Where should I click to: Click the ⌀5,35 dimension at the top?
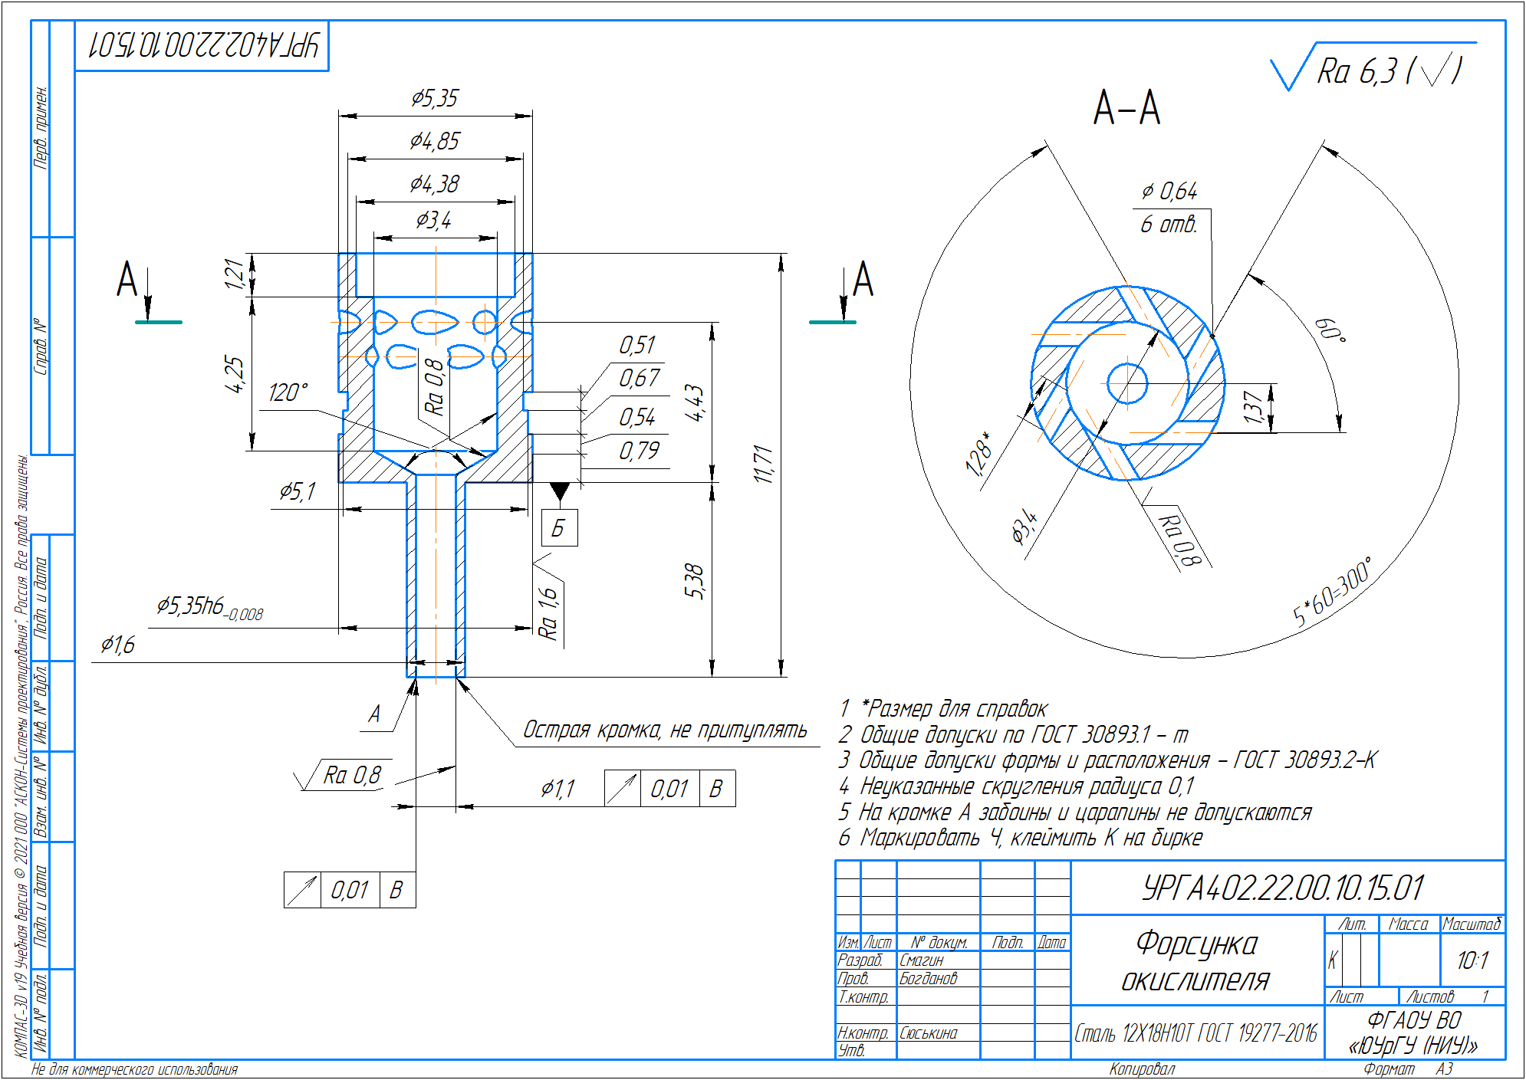click(435, 99)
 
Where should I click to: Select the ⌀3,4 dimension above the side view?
click(434, 221)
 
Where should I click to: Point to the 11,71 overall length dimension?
click(764, 464)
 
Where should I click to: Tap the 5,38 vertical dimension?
click(694, 581)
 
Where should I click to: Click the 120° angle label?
click(288, 393)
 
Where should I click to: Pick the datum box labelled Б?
click(559, 528)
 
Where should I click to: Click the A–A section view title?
click(1126, 107)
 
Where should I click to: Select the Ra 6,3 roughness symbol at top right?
click(1373, 70)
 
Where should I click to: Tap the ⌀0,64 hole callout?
click(1169, 192)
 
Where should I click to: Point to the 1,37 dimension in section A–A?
click(1253, 407)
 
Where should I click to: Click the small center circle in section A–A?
click(1127, 382)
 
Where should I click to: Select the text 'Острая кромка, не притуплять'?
click(665, 730)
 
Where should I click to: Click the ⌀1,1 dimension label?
click(557, 789)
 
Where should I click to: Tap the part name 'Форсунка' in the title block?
click(1196, 944)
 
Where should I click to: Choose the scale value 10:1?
click(1472, 960)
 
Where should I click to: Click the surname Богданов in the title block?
click(929, 979)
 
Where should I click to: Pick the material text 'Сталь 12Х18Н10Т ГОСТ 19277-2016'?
click(1195, 1034)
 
